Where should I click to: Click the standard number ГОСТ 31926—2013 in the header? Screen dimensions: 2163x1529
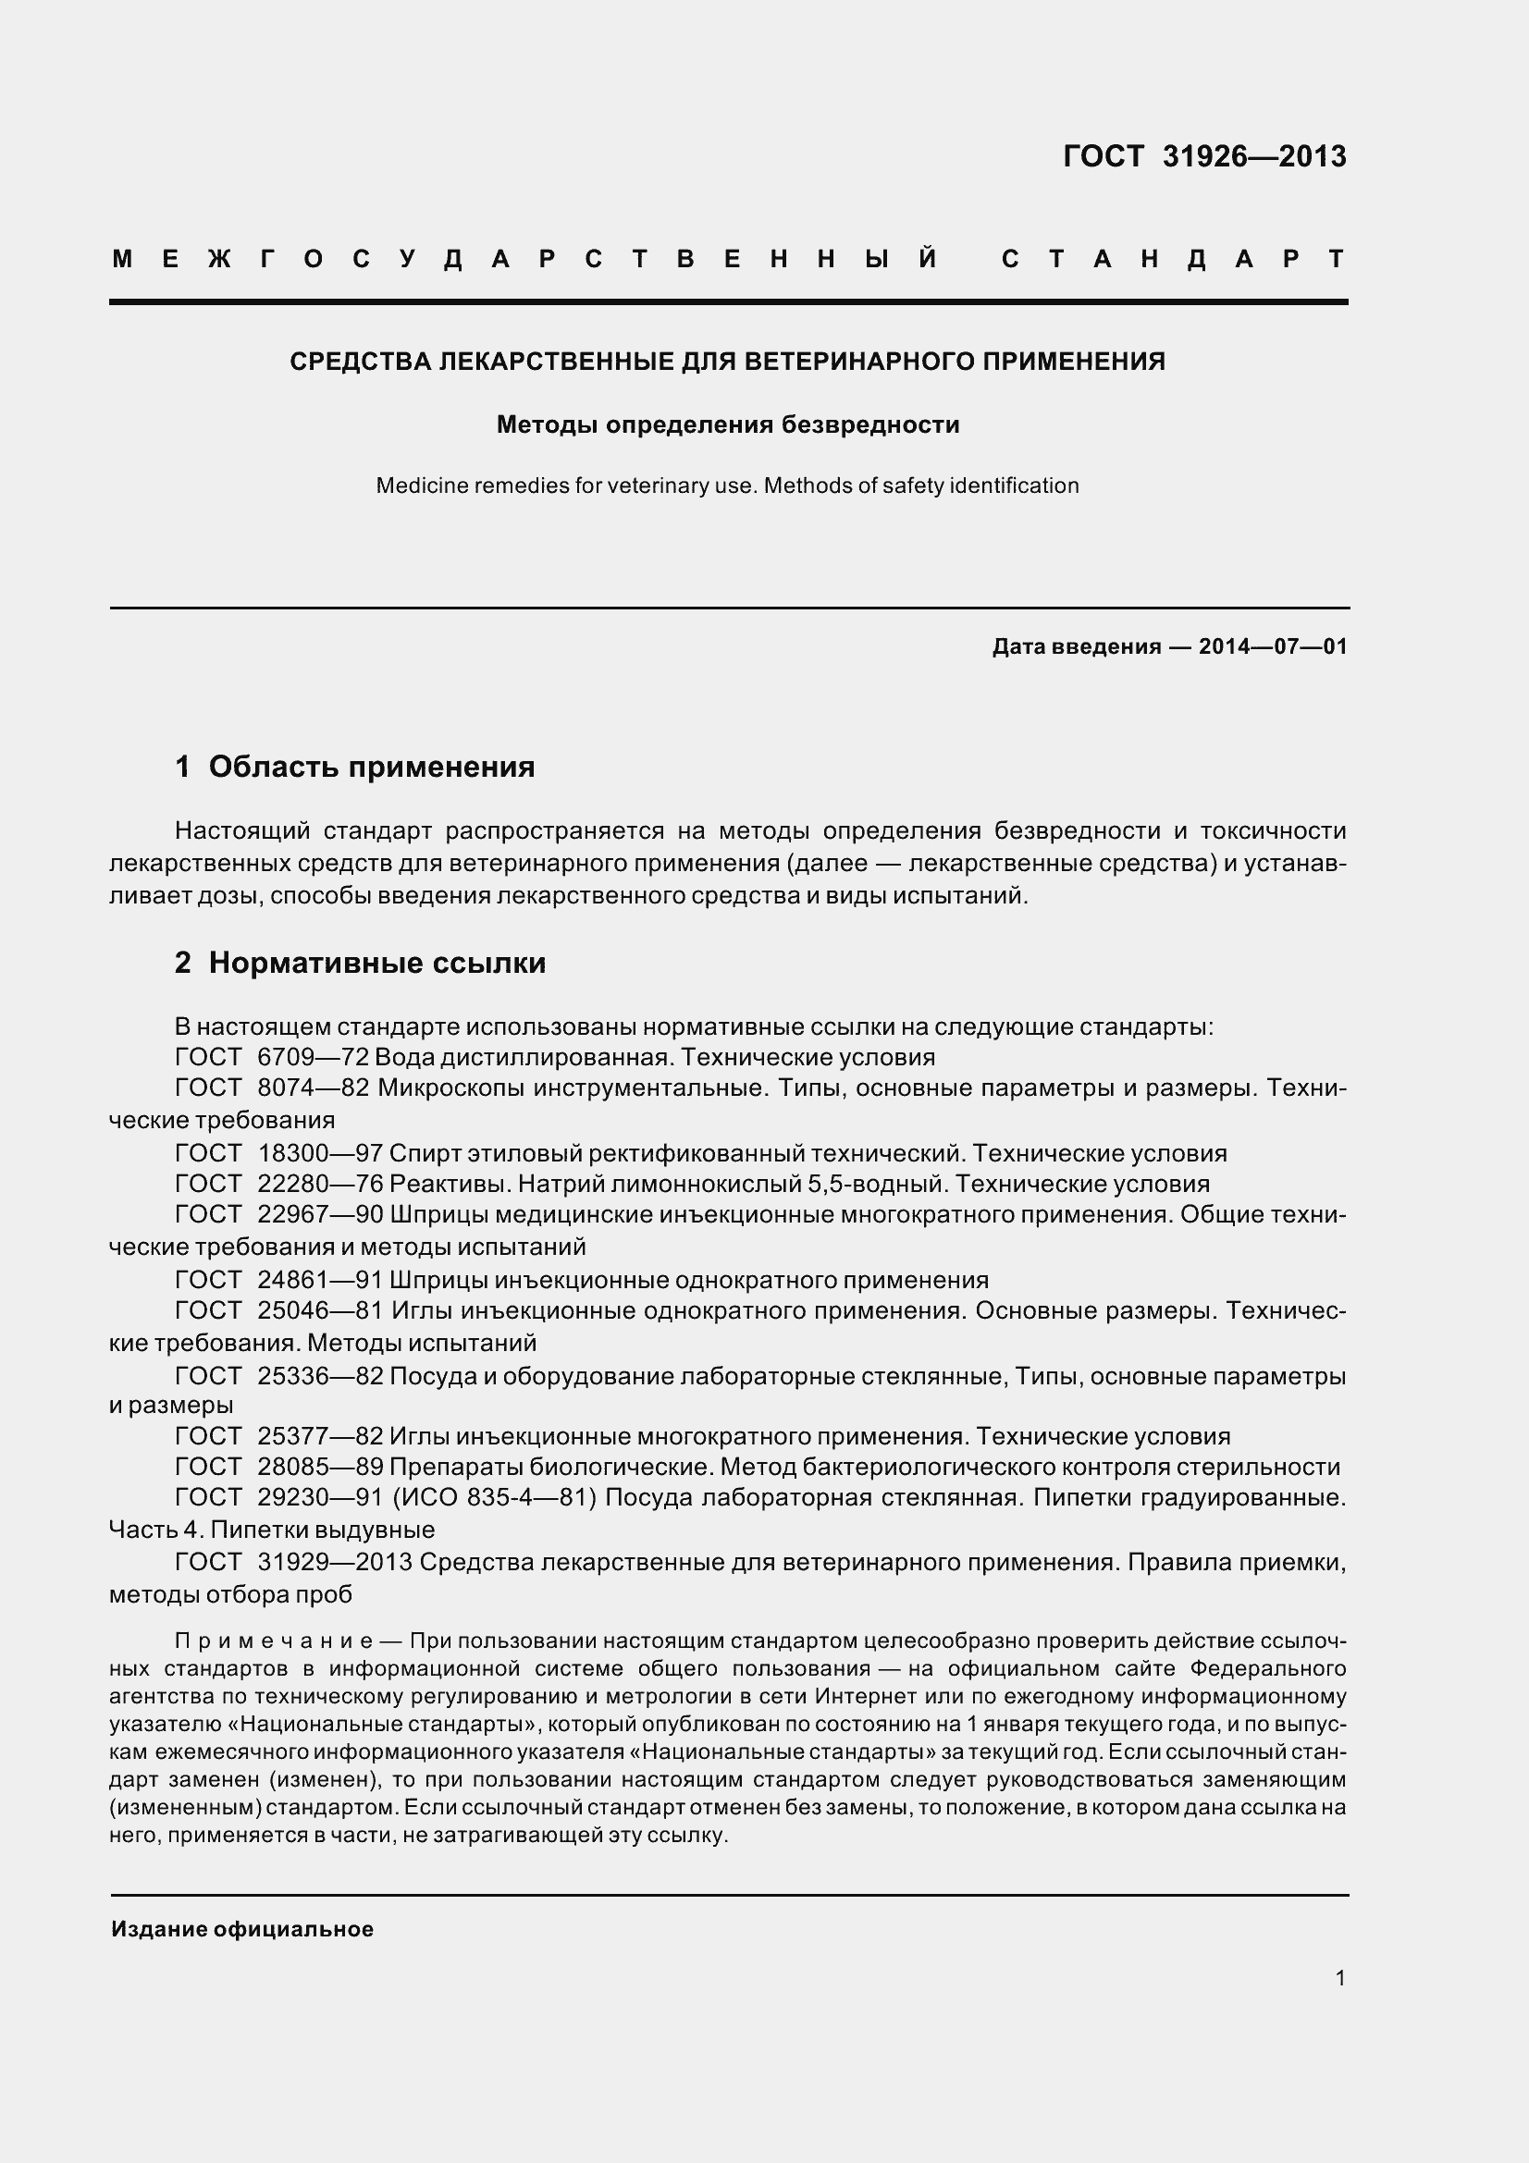point(1204,156)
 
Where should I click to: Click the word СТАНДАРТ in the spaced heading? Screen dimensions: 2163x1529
point(1173,259)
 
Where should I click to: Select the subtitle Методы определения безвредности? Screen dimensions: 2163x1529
point(727,424)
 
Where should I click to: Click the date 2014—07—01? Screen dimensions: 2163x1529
point(1273,646)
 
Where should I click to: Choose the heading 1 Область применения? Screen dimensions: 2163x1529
point(354,767)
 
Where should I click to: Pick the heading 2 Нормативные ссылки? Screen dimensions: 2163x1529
point(360,963)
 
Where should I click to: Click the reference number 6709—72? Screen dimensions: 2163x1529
point(313,1057)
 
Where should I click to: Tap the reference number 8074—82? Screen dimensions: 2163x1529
point(313,1088)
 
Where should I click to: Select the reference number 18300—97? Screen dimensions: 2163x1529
point(319,1153)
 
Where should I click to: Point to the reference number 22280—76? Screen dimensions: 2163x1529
point(319,1184)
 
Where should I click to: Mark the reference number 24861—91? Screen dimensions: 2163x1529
point(319,1279)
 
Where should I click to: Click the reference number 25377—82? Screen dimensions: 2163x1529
point(319,1436)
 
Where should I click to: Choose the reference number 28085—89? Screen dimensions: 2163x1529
point(319,1466)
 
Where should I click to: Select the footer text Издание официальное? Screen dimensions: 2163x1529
point(242,1929)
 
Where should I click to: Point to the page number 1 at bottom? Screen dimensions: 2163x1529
point(1340,1978)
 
